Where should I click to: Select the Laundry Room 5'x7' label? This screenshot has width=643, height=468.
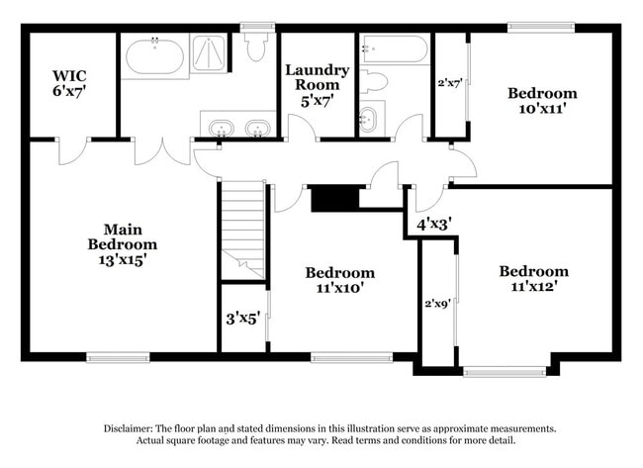pos(317,84)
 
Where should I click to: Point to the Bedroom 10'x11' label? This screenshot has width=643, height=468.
pos(542,101)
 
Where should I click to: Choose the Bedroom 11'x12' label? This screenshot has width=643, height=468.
pos(533,279)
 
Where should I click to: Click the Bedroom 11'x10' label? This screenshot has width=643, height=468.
pos(339,280)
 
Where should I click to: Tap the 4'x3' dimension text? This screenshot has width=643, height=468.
pos(433,224)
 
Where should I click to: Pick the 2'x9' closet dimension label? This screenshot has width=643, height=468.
pos(437,304)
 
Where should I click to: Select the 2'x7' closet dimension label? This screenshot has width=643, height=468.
pos(449,83)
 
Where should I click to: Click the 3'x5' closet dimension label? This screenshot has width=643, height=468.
pos(242,319)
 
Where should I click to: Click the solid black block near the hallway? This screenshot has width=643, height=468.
pos(334,198)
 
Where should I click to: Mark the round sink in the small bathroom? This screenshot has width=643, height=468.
pos(369,120)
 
